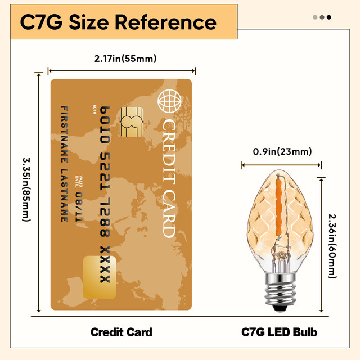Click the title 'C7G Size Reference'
pos(118,22)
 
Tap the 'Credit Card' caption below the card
pos(121,332)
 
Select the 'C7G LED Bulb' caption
pos(280,332)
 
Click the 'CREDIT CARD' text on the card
pos(168,177)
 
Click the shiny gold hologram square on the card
pos(99,277)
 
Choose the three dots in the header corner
pos(322,17)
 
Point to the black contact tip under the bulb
pos(280,308)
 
